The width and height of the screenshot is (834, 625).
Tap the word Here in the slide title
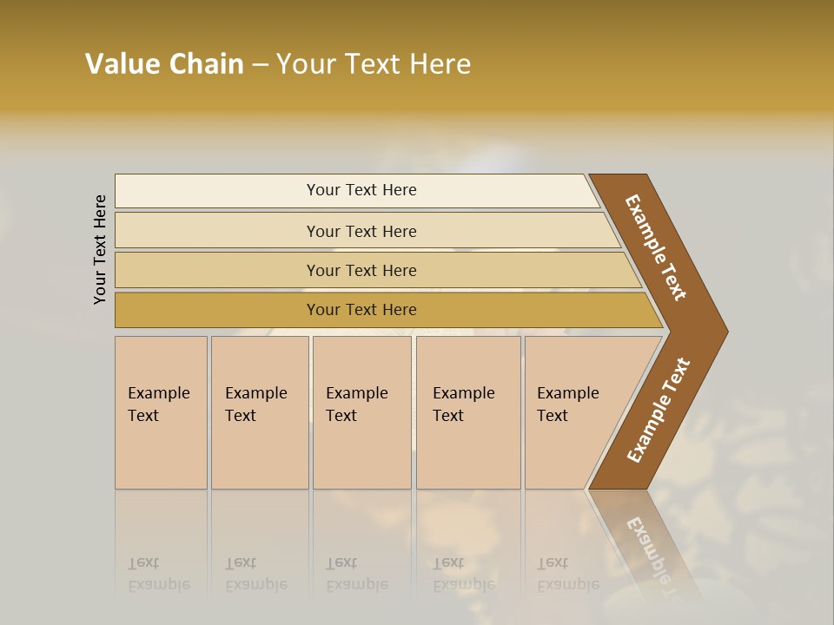pyautogui.click(x=440, y=64)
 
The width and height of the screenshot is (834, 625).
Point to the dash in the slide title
pyautogui.click(x=260, y=65)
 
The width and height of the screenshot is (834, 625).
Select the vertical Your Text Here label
pyautogui.click(x=100, y=249)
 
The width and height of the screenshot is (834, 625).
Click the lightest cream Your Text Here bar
pyautogui.click(x=361, y=190)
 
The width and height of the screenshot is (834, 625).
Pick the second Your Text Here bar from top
pyautogui.click(x=361, y=231)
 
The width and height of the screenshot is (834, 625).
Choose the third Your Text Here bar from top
pyautogui.click(x=361, y=270)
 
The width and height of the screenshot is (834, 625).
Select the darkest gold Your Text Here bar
pyautogui.click(x=361, y=310)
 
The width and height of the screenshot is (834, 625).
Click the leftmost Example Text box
pyautogui.click(x=161, y=412)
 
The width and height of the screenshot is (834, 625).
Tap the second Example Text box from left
pyautogui.click(x=260, y=412)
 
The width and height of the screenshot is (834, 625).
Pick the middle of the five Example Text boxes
pyautogui.click(x=361, y=412)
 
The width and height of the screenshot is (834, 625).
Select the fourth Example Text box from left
pyautogui.click(x=468, y=412)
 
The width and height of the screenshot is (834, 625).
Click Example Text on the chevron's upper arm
pyautogui.click(x=657, y=247)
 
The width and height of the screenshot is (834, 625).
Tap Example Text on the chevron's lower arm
pyautogui.click(x=659, y=411)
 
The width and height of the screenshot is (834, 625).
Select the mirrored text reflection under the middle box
pyautogui.click(x=356, y=574)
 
